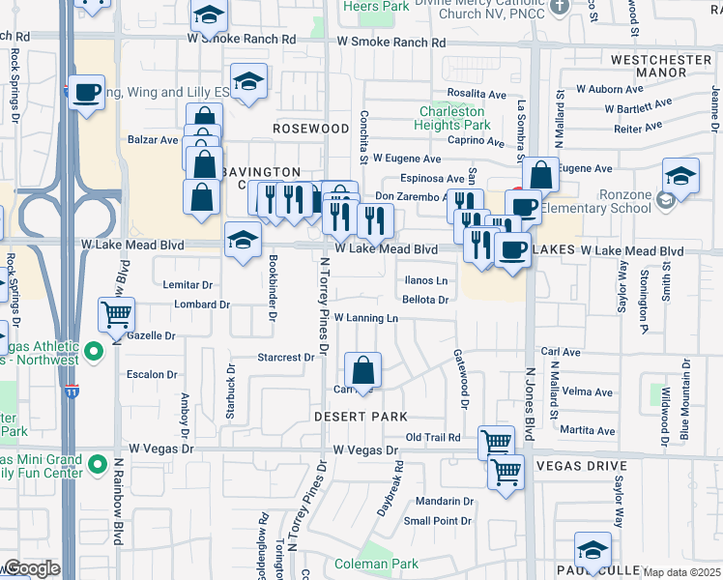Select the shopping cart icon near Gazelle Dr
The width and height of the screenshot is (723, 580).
pyautogui.click(x=116, y=313)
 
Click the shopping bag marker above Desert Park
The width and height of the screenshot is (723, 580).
pyautogui.click(x=362, y=370)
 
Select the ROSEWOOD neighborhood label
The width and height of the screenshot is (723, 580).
pyautogui.click(x=310, y=128)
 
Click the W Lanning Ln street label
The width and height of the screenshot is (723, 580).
pyautogui.click(x=365, y=317)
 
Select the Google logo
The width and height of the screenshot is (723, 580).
pyautogui.click(x=31, y=568)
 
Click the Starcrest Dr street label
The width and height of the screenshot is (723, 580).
pyautogui.click(x=286, y=357)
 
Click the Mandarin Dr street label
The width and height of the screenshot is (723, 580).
pyautogui.click(x=445, y=502)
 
